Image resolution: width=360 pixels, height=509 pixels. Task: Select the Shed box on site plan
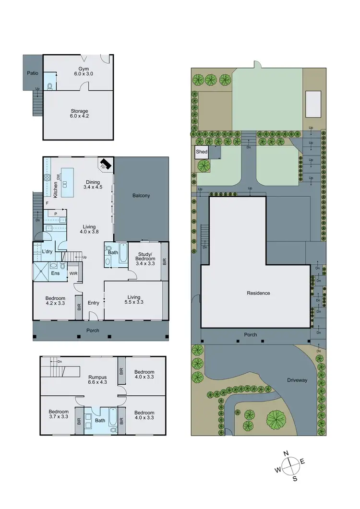pyautogui.click(x=202, y=152)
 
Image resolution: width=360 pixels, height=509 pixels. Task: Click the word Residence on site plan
pyautogui.click(x=258, y=293)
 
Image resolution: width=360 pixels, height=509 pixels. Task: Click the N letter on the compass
pyautogui.click(x=286, y=453)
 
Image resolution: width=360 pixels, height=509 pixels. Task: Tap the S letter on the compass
pyautogui.click(x=295, y=478)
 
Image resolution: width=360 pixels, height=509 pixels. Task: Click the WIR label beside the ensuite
pyautogui.click(x=73, y=273)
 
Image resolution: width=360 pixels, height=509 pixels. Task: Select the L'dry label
pyautogui.click(x=47, y=251)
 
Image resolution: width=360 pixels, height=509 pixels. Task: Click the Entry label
pyautogui.click(x=93, y=303)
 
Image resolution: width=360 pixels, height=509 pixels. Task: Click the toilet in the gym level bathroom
pyautogui.click(x=50, y=86)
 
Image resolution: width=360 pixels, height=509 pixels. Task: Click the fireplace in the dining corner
pyautogui.click(x=105, y=165)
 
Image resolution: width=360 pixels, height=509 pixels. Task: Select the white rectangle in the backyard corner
pyautogui.click(x=313, y=104)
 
